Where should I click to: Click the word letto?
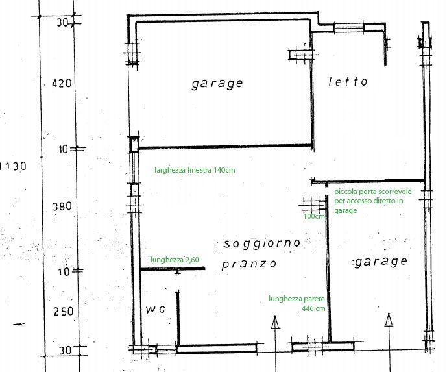coord(348,82)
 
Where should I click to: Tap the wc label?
coord(155,309)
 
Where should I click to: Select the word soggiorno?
coord(261,243)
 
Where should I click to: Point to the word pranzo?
coord(249,264)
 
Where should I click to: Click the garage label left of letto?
coord(217,84)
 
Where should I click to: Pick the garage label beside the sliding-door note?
coord(380,262)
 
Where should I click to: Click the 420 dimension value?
coord(62,83)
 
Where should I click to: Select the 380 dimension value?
coord(62,206)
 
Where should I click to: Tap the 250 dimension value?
coord(64,311)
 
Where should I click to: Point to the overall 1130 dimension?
coord(14,166)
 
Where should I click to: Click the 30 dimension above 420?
coord(62,23)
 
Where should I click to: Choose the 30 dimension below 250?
coord(66,351)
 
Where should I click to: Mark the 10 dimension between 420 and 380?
coord(64,149)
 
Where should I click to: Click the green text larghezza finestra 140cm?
coord(195,170)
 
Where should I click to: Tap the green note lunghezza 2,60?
coord(175,260)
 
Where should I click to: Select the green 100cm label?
coord(314,216)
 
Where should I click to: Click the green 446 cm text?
coord(313,308)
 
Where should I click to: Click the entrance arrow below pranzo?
coord(275,342)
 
